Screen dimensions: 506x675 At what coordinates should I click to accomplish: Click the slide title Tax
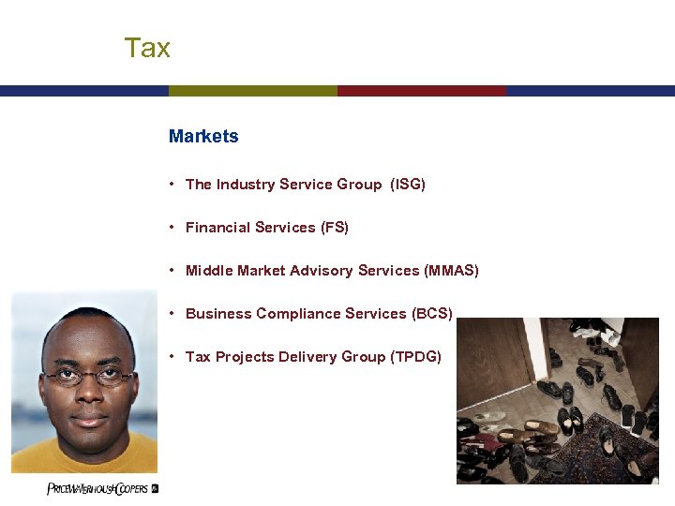147,48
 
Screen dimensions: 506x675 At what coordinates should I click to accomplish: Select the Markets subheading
203,136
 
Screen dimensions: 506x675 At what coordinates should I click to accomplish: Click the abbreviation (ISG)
408,185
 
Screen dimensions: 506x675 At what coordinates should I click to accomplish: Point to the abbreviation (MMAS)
451,271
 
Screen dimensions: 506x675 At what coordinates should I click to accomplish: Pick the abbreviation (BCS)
432,314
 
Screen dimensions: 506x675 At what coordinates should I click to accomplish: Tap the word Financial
217,228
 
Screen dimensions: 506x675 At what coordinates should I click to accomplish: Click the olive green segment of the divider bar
253,91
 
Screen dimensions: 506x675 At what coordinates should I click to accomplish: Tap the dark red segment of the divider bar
422,91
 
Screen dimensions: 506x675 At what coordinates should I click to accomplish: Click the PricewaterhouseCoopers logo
102,489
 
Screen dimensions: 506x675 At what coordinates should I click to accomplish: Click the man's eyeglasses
89,377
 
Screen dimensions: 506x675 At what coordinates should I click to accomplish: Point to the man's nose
89,395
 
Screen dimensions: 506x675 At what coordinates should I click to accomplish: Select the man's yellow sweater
84,459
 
